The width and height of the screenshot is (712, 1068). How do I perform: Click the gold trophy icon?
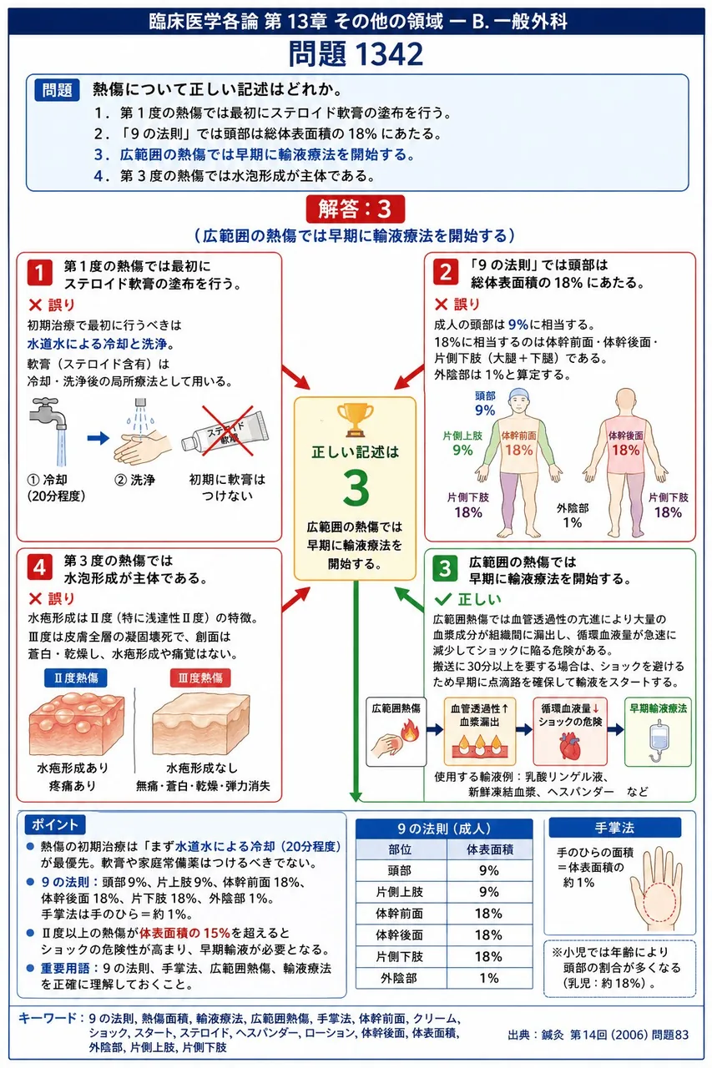[355, 420]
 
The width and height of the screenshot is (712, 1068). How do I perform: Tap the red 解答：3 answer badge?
[356, 209]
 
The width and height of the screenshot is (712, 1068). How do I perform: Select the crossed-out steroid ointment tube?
[226, 431]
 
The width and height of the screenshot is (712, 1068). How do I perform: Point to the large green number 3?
[356, 488]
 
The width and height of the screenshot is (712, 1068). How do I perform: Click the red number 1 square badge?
[39, 273]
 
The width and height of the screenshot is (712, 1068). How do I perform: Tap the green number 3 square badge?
[445, 568]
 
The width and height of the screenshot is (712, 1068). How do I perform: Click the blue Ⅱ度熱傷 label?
[75, 678]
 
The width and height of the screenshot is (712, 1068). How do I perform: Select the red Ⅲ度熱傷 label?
[200, 678]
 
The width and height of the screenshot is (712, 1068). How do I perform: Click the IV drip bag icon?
[658, 741]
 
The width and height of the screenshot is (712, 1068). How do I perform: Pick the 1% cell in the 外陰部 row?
[489, 978]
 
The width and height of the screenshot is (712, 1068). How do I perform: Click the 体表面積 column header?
[489, 849]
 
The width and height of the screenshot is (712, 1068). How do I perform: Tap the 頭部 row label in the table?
[400, 870]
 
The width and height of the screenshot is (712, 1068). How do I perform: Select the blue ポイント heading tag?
[55, 824]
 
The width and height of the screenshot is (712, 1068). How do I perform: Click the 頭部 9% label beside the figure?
[485, 403]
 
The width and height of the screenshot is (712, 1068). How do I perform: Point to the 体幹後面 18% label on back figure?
[626, 443]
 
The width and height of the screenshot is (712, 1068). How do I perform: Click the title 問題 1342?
[356, 53]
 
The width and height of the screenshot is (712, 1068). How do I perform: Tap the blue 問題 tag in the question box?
[58, 89]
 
